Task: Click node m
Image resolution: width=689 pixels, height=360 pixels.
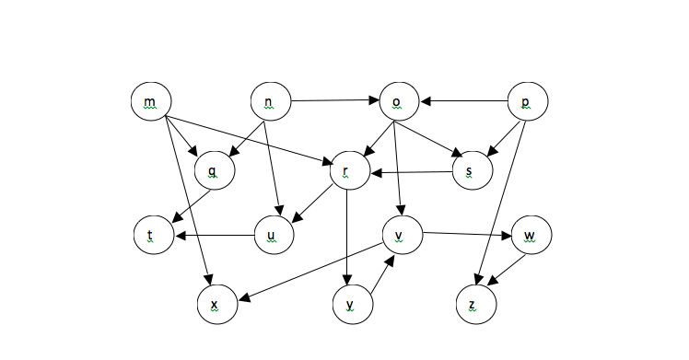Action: [151, 101]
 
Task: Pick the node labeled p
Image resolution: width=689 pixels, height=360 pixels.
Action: [528, 102]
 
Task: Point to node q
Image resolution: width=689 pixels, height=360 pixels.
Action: [214, 171]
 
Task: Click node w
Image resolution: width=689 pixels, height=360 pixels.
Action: [531, 235]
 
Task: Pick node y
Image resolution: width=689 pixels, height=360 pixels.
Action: [353, 303]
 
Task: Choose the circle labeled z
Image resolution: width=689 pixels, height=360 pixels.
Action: [475, 303]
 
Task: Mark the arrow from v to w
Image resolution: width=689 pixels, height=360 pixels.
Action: [466, 234]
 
